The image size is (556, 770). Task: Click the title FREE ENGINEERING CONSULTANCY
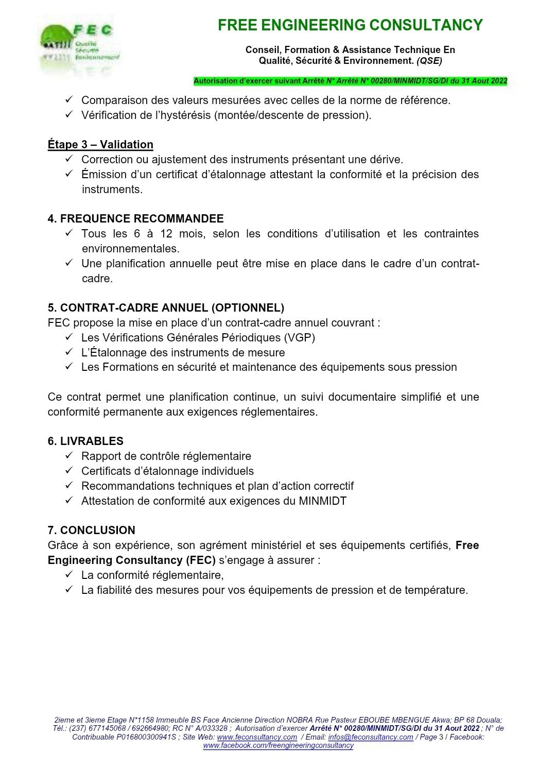pyautogui.click(x=350, y=25)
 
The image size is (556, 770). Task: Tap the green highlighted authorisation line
pyautogui.click(x=350, y=81)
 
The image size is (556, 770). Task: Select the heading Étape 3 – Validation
pyautogui.click(x=100, y=145)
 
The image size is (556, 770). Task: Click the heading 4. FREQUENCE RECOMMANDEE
pyautogui.click(x=135, y=219)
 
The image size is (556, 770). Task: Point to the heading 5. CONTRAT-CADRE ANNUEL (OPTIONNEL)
pyautogui.click(x=166, y=308)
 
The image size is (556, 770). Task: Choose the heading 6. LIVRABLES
pyautogui.click(x=85, y=441)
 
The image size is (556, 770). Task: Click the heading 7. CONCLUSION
pyautogui.click(x=91, y=531)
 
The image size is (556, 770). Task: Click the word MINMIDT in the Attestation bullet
pyautogui.click(x=322, y=501)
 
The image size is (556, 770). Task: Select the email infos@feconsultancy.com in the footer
pyautogui.click(x=370, y=737)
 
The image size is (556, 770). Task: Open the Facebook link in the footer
pyautogui.click(x=278, y=746)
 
